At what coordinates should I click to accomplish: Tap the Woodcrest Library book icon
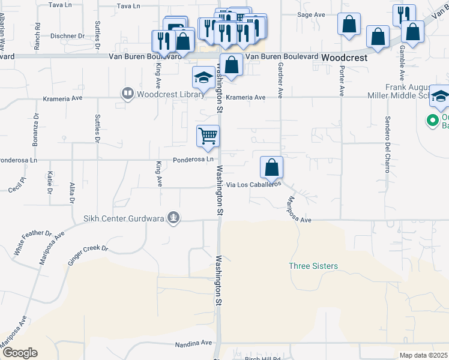pos(127,94)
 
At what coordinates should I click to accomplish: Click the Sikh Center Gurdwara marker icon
pos(174,217)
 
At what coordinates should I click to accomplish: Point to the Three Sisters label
pos(313,266)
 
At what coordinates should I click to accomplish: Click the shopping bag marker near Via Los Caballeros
pos(272,167)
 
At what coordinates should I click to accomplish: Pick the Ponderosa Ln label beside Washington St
pos(193,160)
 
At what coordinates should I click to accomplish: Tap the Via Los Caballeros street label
pos(253,185)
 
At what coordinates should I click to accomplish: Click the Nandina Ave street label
pos(194,344)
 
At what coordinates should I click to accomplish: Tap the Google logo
pos(19,353)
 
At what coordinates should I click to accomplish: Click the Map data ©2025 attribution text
pos(424,355)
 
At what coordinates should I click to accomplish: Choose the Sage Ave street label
pos(311,14)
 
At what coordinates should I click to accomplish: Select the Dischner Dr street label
pos(67,36)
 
